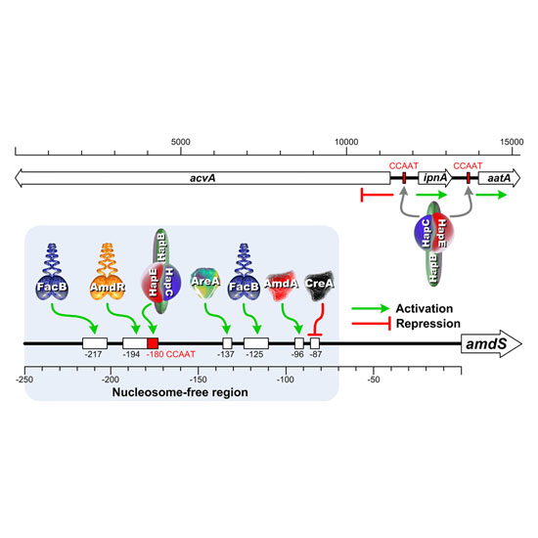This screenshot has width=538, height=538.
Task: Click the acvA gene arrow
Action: point(202,178)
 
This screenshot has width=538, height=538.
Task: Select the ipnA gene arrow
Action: point(435,178)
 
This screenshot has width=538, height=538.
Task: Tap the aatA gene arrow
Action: point(499,178)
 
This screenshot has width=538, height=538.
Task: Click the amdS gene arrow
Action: point(491,343)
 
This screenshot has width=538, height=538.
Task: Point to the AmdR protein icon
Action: point(108,272)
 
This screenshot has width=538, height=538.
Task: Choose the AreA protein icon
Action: point(205,284)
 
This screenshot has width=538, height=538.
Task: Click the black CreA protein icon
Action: point(319,286)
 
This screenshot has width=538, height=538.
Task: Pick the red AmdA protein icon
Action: point(282,286)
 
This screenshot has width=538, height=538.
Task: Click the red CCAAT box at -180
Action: point(153,343)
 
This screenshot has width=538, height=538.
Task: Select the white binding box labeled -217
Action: point(95,343)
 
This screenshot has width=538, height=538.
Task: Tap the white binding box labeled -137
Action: point(228,343)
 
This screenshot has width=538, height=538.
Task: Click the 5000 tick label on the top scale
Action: point(181,142)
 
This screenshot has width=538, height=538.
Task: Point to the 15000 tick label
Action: point(512,142)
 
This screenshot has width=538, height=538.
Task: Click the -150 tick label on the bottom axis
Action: point(198,380)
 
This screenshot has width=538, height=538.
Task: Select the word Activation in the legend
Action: point(425,308)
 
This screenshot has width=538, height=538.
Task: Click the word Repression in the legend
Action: point(428,324)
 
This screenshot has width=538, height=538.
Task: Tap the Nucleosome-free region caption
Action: point(180,392)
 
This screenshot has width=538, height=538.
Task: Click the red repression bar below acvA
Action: point(377,195)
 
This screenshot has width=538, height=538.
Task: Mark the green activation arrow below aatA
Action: point(491,195)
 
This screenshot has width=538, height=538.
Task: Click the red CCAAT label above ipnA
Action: point(403,165)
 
